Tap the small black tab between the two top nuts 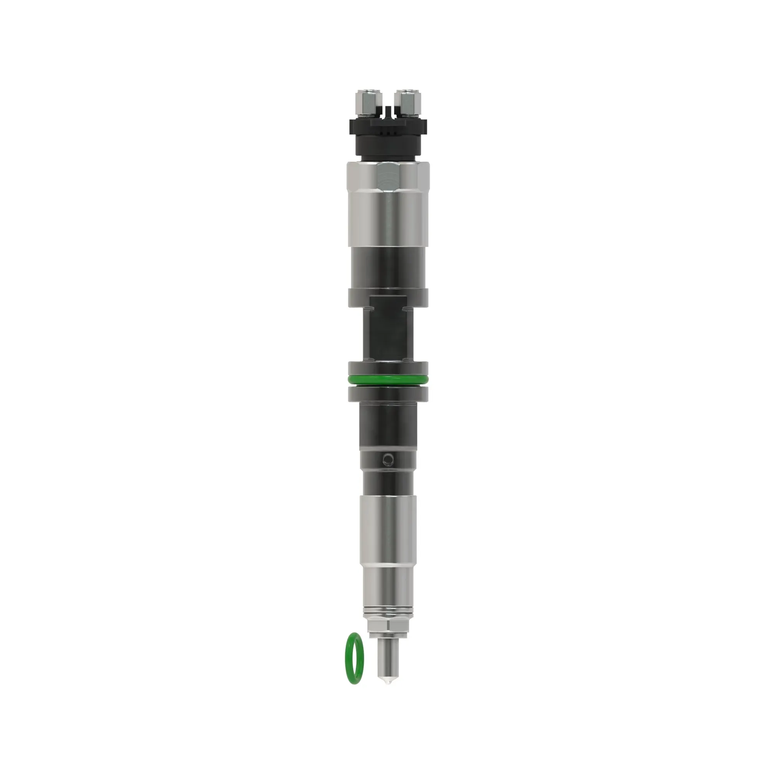tap(387, 110)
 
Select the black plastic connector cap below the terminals tap(388, 138)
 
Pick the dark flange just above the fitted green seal tap(388, 368)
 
